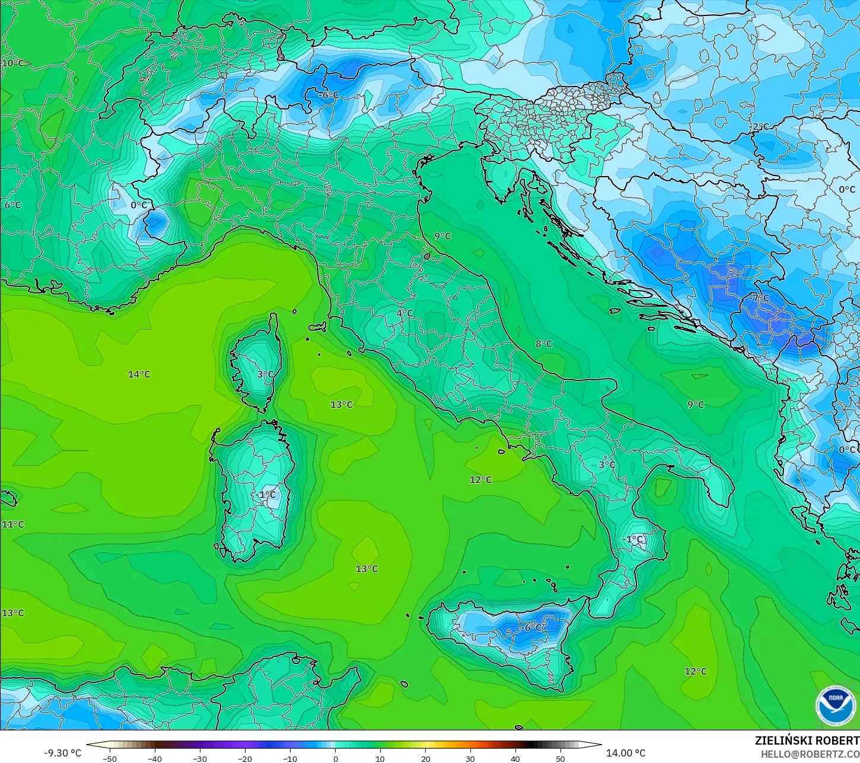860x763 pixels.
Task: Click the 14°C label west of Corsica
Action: (x=139, y=374)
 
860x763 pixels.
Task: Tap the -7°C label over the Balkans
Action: (x=759, y=298)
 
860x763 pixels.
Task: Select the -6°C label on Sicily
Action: (x=533, y=627)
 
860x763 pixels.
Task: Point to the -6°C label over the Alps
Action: (x=329, y=95)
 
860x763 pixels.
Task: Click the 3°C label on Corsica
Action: (x=266, y=374)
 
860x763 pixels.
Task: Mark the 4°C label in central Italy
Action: (x=404, y=313)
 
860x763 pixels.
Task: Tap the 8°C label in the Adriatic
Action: (x=543, y=344)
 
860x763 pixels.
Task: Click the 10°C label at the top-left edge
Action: (x=12, y=63)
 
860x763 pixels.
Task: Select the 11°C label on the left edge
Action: (x=12, y=525)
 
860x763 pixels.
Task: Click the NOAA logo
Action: (x=835, y=705)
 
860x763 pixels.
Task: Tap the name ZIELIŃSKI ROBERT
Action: (x=807, y=741)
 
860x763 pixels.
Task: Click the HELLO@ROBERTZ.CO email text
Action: (x=810, y=754)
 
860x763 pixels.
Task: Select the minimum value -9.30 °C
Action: (x=63, y=753)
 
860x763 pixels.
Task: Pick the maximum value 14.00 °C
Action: (x=626, y=753)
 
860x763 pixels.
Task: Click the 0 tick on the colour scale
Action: (x=335, y=758)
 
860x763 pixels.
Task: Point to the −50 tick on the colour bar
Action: (x=109, y=758)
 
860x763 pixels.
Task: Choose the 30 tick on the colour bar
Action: (x=470, y=758)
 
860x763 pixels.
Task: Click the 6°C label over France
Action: (x=12, y=205)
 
